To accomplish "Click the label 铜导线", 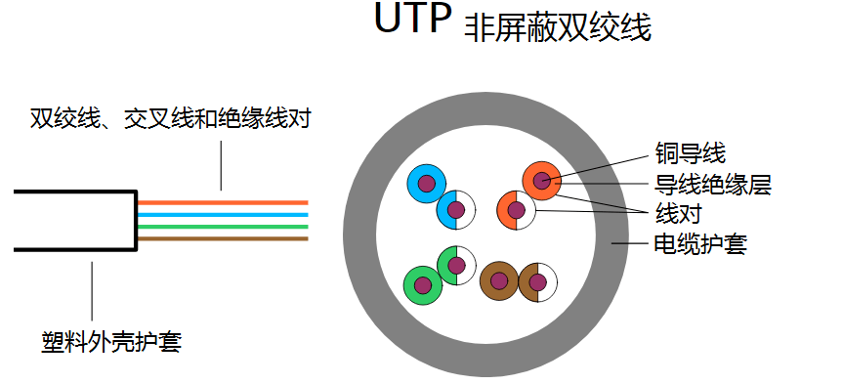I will tap(690, 152).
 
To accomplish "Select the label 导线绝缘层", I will tap(713, 182).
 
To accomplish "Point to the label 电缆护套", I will tap(699, 243).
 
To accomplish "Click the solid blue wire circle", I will tap(426, 183).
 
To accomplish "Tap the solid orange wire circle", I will tap(542, 180).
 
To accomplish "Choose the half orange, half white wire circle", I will tap(516, 210).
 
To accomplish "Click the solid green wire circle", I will tap(423, 284).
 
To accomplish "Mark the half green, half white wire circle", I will tap(455, 265).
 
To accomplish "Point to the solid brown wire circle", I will tap(499, 281).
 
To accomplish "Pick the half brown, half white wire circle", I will tap(536, 282).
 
